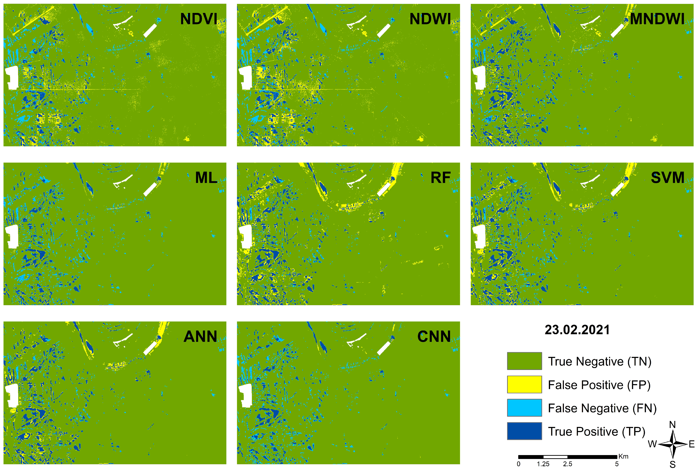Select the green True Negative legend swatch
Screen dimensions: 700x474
pyautogui.click(x=524, y=361)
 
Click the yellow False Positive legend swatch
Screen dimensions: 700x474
pyautogui.click(x=524, y=384)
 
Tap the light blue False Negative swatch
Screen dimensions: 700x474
pyautogui.click(x=524, y=408)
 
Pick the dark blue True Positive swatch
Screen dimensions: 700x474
pyautogui.click(x=524, y=431)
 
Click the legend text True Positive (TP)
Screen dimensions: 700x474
pyautogui.click(x=596, y=432)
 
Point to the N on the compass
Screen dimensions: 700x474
pyautogui.click(x=672, y=425)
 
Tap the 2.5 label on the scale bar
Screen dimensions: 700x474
pyautogui.click(x=567, y=464)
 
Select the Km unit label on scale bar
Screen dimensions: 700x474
pyautogui.click(x=624, y=456)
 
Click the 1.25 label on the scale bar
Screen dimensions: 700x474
pyautogui.click(x=543, y=464)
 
